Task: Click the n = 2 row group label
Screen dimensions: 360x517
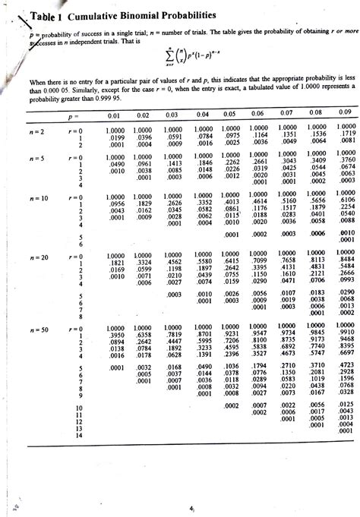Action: click(36, 133)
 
